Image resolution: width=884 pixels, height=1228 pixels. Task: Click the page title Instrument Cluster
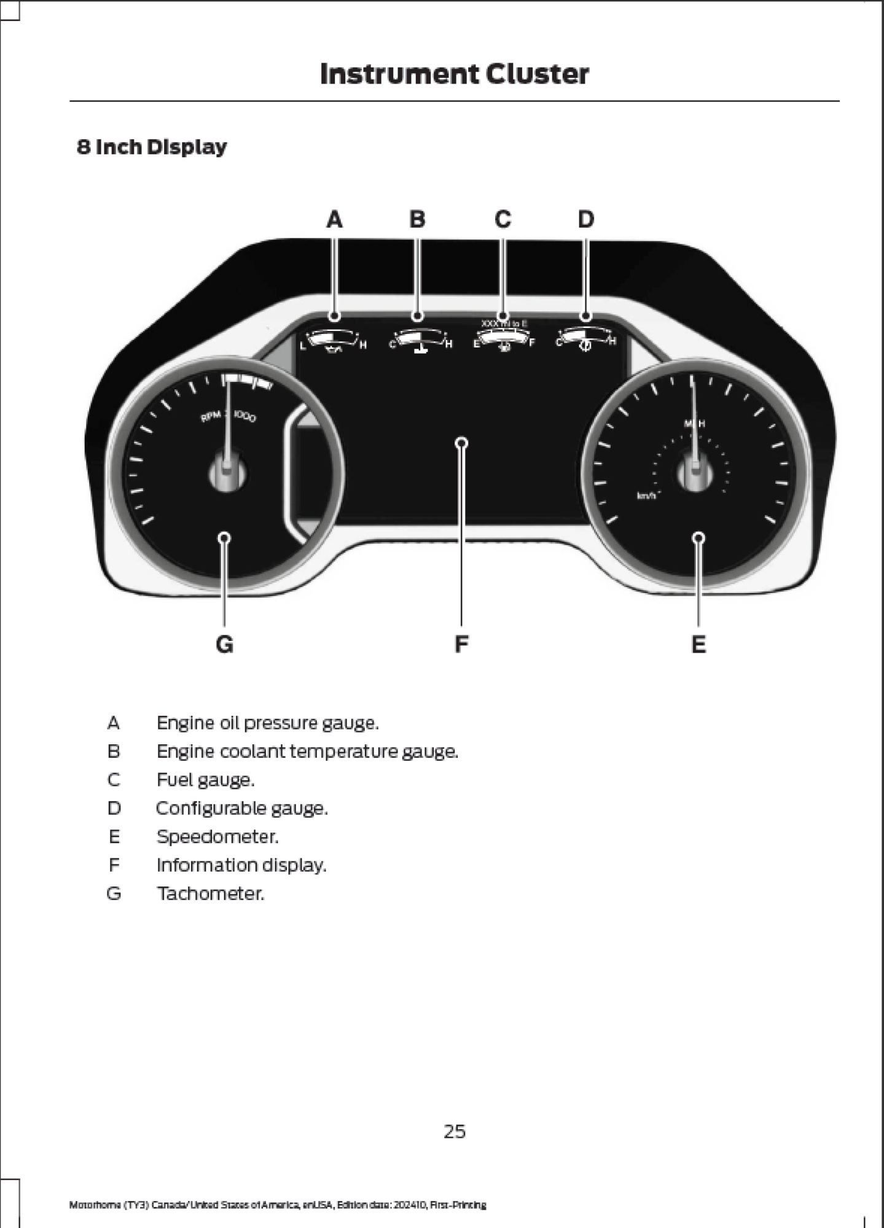pos(454,74)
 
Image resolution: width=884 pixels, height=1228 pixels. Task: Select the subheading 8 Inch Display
pos(152,147)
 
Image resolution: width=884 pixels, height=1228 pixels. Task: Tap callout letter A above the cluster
pos(334,219)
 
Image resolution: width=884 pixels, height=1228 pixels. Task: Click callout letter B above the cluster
pos(417,219)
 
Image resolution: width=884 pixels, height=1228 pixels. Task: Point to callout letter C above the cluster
pos(503,219)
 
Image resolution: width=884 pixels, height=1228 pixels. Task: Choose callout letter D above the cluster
pos(586,219)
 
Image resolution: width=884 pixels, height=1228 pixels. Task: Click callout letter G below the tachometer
pos(225,645)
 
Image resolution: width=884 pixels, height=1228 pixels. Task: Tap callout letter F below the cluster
pos(461,645)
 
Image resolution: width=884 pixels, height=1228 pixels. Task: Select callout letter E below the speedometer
pos(698,645)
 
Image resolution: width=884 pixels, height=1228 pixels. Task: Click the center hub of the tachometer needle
pos(227,473)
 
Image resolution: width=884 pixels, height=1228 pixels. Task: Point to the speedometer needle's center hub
pos(695,473)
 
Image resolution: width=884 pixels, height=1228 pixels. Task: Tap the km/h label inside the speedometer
pos(646,495)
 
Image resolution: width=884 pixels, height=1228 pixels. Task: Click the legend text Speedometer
pos(217,837)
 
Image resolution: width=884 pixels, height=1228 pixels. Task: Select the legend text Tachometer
pos(210,893)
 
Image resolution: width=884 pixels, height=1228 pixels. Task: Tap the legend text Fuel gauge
pos(205,780)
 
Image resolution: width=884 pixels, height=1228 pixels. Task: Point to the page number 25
pos(455,1132)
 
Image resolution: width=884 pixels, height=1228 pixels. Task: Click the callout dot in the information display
pos(462,443)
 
